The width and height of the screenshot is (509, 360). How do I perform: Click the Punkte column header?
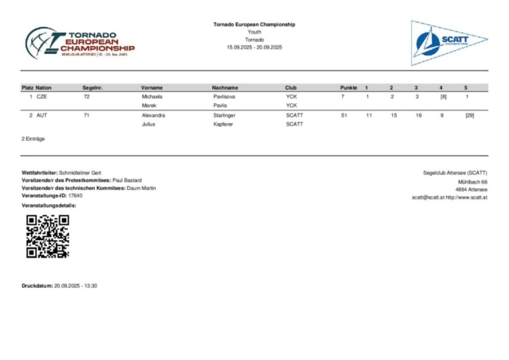pyautogui.click(x=348, y=87)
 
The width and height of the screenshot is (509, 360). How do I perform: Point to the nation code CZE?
pyautogui.click(x=42, y=96)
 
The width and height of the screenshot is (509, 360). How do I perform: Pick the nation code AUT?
pyautogui.click(x=42, y=115)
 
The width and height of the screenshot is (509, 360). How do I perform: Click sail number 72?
pyautogui.click(x=86, y=96)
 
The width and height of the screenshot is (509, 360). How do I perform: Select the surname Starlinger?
pyautogui.click(x=230, y=115)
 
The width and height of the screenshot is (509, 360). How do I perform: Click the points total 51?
pyautogui.click(x=344, y=115)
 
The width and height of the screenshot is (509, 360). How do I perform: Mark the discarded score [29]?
pyautogui.click(x=470, y=115)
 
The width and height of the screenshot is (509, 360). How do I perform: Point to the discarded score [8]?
pyautogui.click(x=443, y=96)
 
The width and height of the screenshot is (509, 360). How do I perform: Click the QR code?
pyautogui.click(x=48, y=236)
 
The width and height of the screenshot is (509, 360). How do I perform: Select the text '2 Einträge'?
pyautogui.click(x=33, y=138)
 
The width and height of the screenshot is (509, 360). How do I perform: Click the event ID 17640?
pyautogui.click(x=76, y=195)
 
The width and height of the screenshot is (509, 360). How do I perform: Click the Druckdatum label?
pyautogui.click(x=37, y=285)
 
